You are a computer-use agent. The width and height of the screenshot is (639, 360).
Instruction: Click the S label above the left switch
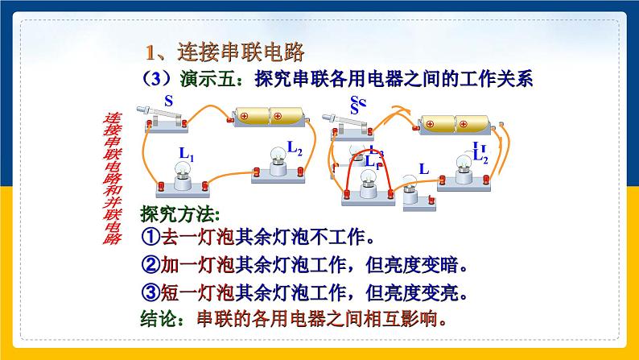[168, 101]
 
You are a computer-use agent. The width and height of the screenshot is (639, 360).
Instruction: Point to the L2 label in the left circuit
[295, 147]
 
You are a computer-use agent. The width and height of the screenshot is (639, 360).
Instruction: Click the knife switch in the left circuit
[164, 120]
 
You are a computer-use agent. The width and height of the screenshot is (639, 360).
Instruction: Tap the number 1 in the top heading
[150, 54]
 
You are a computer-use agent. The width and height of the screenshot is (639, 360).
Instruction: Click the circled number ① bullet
[151, 238]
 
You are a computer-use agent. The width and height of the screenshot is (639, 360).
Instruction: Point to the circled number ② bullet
[151, 265]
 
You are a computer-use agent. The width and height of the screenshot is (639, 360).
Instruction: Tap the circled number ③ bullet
[151, 291]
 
